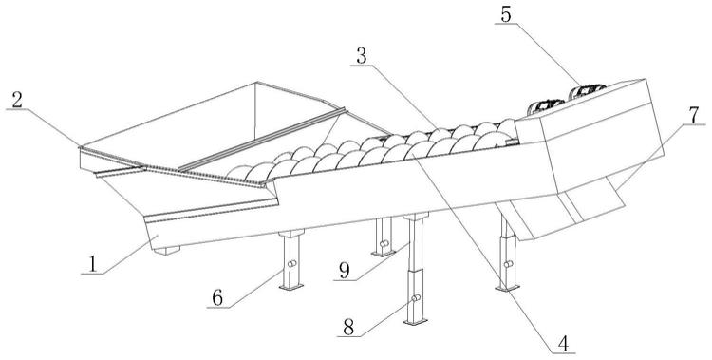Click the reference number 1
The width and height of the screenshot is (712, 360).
click(x=92, y=264)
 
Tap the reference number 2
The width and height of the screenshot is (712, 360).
click(x=17, y=101)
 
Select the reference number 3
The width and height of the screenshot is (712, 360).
click(x=362, y=56)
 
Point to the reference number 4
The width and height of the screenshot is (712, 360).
click(x=563, y=344)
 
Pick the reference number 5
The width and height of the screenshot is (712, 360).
click(x=506, y=14)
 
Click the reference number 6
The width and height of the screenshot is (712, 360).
click(x=217, y=298)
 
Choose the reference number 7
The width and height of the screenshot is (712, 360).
click(x=694, y=116)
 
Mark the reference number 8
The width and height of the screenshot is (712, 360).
click(x=348, y=327)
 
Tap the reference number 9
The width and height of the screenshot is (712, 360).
click(x=345, y=271)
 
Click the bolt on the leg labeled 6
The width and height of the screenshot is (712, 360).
click(x=292, y=263)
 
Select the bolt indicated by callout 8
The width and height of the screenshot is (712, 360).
click(x=416, y=298)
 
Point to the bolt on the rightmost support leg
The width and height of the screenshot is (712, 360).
click(x=508, y=264)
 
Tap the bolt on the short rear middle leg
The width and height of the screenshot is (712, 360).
click(x=385, y=243)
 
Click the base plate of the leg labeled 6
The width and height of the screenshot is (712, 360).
click(x=291, y=286)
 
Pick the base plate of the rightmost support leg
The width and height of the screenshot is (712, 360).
click(x=507, y=287)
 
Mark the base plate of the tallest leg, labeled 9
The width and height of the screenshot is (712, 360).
click(x=416, y=322)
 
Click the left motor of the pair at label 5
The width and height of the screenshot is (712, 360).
click(x=545, y=106)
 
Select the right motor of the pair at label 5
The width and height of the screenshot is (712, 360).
click(x=587, y=90)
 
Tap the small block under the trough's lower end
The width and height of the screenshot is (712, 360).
click(x=167, y=250)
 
